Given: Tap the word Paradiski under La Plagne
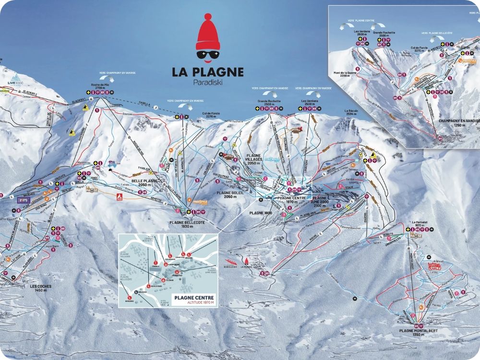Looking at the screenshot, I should pos(208,82).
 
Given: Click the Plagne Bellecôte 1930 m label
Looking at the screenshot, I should pos(188,225).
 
